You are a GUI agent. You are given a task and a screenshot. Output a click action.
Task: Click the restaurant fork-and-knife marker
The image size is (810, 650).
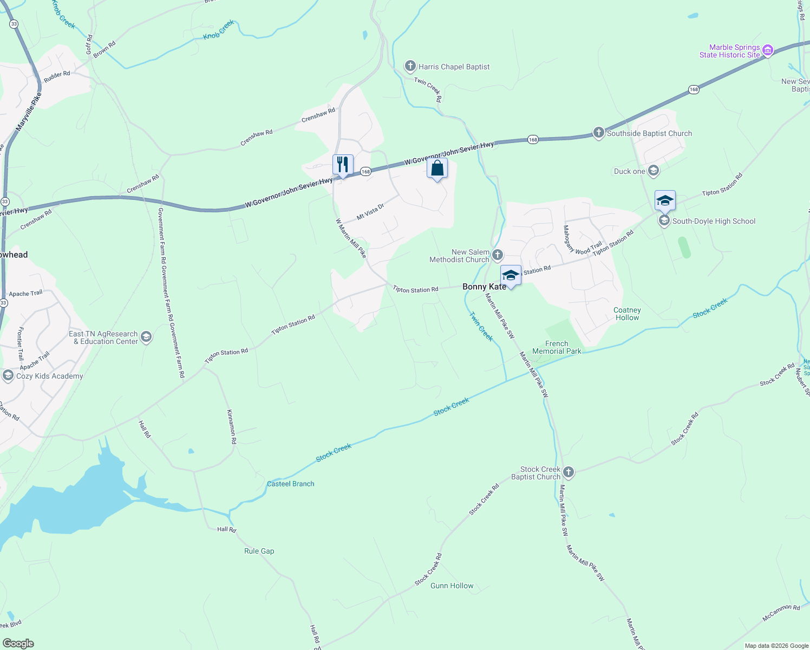click(343, 165)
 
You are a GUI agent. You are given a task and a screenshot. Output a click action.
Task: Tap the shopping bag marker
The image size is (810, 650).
click(437, 168)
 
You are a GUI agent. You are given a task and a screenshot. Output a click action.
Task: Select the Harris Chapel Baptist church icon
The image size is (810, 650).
click(410, 67)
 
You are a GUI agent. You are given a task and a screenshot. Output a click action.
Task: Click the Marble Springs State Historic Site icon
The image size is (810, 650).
click(767, 51)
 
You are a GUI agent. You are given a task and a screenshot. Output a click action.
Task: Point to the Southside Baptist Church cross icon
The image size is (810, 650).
click(598, 133)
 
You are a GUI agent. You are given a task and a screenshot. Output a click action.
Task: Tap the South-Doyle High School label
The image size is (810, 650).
click(714, 221)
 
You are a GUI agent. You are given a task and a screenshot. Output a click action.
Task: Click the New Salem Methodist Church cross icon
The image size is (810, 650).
click(498, 255)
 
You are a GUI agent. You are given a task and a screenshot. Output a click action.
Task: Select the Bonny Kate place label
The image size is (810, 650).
click(484, 287)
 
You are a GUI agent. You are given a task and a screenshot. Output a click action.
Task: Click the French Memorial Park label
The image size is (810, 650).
click(557, 347)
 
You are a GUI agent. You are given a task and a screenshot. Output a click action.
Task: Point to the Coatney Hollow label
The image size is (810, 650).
click(627, 314)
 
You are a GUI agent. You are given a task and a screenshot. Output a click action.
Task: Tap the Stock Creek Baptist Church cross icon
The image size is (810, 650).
click(568, 472)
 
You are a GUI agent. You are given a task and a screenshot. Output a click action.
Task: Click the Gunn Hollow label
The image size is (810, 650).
click(452, 586)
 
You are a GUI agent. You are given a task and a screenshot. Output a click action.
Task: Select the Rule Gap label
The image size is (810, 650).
click(259, 551)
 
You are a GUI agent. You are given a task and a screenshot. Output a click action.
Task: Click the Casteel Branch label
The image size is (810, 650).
click(291, 484)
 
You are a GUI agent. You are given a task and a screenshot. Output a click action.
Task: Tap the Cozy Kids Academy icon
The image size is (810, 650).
click(8, 375)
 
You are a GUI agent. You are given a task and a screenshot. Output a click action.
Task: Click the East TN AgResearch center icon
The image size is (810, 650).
click(146, 337)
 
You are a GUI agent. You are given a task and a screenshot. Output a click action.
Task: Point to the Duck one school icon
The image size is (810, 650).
click(654, 171)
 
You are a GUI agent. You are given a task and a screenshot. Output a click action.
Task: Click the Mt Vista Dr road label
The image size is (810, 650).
click(370, 211)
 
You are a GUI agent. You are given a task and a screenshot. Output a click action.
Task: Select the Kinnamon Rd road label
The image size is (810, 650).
click(232, 427)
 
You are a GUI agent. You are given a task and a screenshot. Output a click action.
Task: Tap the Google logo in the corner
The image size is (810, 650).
click(18, 643)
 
